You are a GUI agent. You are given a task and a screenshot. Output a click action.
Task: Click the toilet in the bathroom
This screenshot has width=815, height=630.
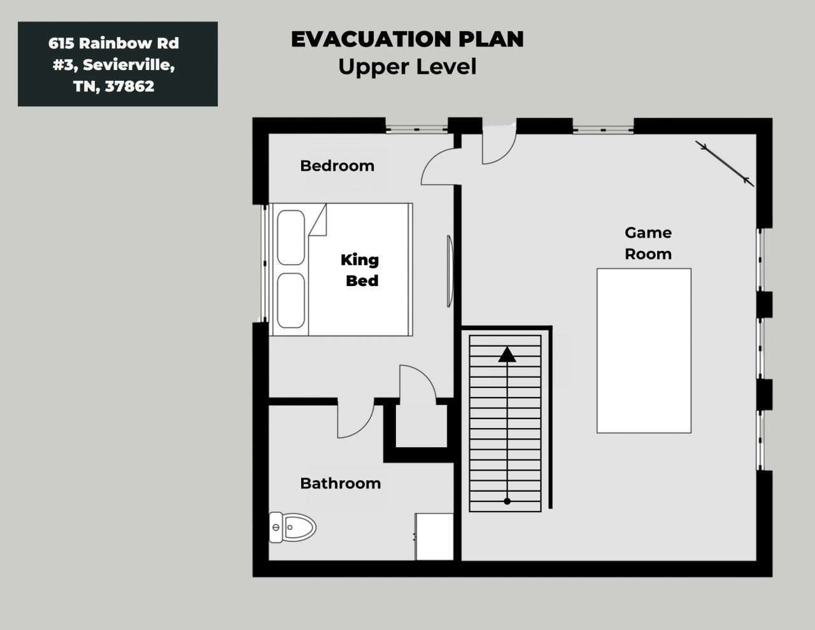pyautogui.click(x=292, y=527)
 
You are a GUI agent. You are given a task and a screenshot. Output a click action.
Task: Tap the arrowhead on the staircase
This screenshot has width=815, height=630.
pyautogui.click(x=507, y=354)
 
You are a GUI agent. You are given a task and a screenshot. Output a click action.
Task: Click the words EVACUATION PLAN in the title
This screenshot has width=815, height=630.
pyautogui.click(x=407, y=39)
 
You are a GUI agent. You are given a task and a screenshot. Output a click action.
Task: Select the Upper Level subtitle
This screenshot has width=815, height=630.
pyautogui.click(x=407, y=66)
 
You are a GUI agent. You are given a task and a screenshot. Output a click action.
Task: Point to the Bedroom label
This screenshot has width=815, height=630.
pyautogui.click(x=337, y=166)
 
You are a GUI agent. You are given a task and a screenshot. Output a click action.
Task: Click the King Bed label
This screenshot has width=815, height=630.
pyautogui.click(x=360, y=270)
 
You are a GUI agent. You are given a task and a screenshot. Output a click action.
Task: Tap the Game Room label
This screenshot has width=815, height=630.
pyautogui.click(x=648, y=243)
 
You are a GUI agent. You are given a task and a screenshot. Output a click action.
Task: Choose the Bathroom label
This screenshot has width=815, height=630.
pyautogui.click(x=340, y=483)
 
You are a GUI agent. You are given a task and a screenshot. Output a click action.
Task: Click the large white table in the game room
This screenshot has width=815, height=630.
pyautogui.click(x=644, y=351)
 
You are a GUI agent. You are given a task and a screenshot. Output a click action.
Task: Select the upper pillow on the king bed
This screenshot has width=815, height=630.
pyautogui.click(x=291, y=238)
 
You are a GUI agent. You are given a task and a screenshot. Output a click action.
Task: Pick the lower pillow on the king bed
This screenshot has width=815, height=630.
pyautogui.click(x=291, y=301)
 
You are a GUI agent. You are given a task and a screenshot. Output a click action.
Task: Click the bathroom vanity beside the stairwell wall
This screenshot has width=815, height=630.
pyautogui.click(x=434, y=536)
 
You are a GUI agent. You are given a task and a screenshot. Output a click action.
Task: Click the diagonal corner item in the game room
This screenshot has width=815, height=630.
pyautogui.click(x=725, y=163)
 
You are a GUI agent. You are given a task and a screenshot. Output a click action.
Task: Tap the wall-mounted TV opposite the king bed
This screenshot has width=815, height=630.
pyautogui.click(x=450, y=271)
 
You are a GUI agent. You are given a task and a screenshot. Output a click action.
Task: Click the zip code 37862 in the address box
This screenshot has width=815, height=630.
pyautogui.click(x=130, y=87)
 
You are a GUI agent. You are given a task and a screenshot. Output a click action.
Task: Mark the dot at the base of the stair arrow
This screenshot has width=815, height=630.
pyautogui.click(x=507, y=501)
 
